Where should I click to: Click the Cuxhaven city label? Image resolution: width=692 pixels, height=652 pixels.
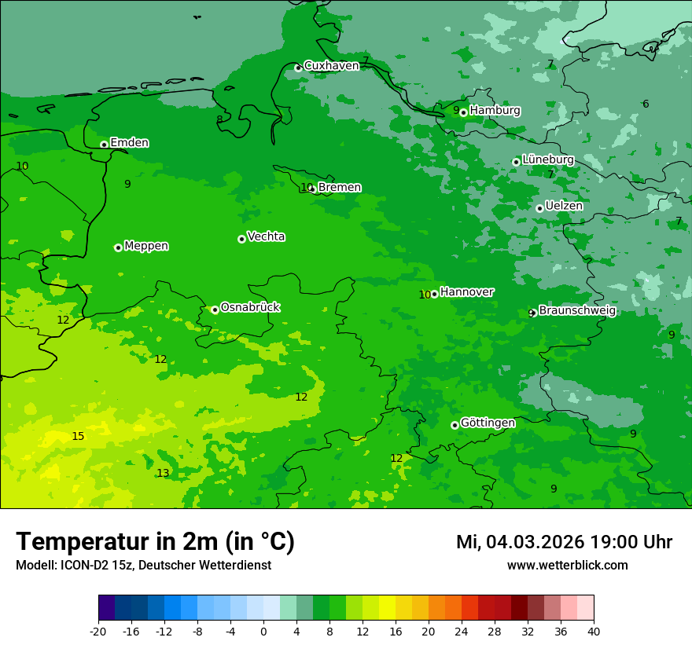click(331, 65)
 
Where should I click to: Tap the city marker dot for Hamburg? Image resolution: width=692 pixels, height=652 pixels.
click(463, 112)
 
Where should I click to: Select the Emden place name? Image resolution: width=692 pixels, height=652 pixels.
click(129, 142)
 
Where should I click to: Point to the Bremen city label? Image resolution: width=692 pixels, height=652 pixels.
click(340, 187)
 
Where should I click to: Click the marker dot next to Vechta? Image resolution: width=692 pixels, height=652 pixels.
click(241, 239)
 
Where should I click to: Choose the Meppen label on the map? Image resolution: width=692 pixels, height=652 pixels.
click(146, 246)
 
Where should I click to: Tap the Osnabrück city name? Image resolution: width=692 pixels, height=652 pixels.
click(250, 307)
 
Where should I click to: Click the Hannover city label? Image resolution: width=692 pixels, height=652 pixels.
click(467, 291)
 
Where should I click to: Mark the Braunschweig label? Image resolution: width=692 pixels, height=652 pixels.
click(577, 310)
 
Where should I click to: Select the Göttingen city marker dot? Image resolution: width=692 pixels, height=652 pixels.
click(455, 425)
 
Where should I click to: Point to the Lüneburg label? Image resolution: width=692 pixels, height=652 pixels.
click(548, 159)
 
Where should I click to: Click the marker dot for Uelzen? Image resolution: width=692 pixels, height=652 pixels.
click(539, 208)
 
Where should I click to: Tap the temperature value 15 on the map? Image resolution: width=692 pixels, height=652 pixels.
click(78, 436)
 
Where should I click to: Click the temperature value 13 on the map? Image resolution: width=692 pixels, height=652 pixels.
click(163, 473)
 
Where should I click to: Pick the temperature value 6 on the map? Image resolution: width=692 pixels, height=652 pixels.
click(646, 104)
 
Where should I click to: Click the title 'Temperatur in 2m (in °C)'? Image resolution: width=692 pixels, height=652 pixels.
click(155, 541)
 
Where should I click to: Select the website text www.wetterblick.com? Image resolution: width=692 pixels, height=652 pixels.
click(567, 565)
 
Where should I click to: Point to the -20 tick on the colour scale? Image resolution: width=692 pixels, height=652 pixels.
click(98, 631)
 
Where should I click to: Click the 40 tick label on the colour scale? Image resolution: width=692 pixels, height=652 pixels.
click(594, 631)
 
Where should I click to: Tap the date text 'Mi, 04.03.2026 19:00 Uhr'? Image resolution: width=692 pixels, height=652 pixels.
click(564, 542)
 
